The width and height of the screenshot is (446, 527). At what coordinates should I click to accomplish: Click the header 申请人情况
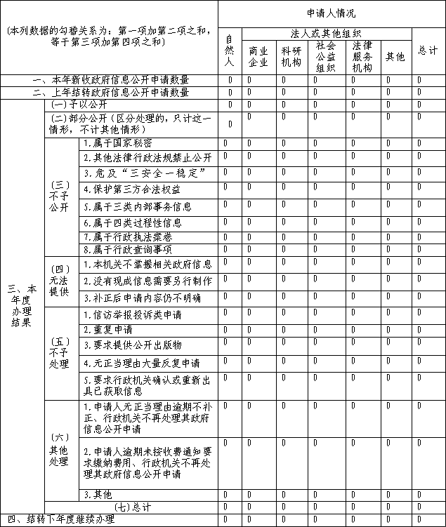[331, 13]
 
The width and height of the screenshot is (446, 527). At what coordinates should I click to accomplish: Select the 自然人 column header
[229, 50]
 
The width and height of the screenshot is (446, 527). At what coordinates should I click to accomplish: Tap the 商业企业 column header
[258, 56]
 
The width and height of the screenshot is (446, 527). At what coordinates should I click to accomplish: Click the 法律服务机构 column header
[362, 56]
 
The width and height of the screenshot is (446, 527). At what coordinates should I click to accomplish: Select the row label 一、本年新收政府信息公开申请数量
[110, 80]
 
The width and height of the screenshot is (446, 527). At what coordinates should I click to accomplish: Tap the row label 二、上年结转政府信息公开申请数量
[110, 93]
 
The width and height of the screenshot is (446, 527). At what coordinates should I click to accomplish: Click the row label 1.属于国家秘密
[117, 142]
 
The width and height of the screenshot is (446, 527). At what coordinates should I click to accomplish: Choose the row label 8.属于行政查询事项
[127, 249]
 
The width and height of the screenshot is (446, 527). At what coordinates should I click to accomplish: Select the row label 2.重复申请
[108, 329]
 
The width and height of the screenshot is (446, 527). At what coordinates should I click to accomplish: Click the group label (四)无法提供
[59, 281]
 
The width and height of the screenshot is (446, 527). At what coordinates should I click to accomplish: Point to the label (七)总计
[132, 507]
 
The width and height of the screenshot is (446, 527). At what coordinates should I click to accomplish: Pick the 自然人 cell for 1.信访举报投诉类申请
[229, 314]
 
